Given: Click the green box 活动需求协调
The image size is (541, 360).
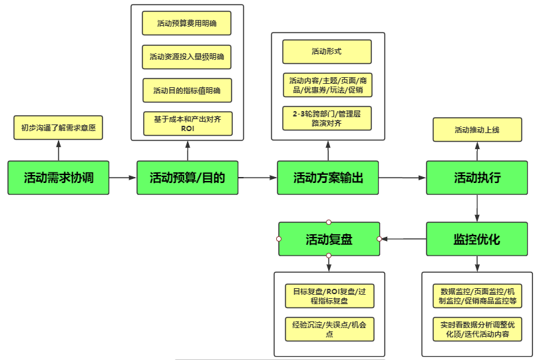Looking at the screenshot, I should pos(59,178).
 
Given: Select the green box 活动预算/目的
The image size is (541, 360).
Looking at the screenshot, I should pos(187,178).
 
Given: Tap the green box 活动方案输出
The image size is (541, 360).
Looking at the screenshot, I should pos(328,178).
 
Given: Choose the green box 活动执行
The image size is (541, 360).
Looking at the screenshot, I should pos(476,178).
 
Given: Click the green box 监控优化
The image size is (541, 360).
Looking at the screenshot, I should pos(476,239).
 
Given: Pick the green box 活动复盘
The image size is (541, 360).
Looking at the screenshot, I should pos(329,239).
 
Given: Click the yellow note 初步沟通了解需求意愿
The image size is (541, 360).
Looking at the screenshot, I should pos(59,127).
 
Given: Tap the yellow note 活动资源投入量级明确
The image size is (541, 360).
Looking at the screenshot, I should pos(187,57).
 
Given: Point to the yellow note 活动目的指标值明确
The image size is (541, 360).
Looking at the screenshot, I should pos(187,90).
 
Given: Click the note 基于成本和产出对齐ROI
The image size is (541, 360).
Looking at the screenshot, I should pos(188,124).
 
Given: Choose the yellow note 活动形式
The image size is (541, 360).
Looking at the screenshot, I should pos(327,51).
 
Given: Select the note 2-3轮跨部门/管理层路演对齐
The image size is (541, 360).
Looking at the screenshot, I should pos(327,118).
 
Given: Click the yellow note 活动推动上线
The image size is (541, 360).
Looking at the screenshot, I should pos(476,130).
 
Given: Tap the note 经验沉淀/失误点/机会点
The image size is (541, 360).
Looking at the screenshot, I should pos(329,329).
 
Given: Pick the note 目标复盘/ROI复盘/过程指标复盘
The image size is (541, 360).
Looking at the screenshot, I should pos(329,295).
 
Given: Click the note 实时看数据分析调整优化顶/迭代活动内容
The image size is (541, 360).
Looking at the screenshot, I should pos(476,329).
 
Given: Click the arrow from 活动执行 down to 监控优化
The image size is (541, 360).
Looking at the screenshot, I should pos(476,208).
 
